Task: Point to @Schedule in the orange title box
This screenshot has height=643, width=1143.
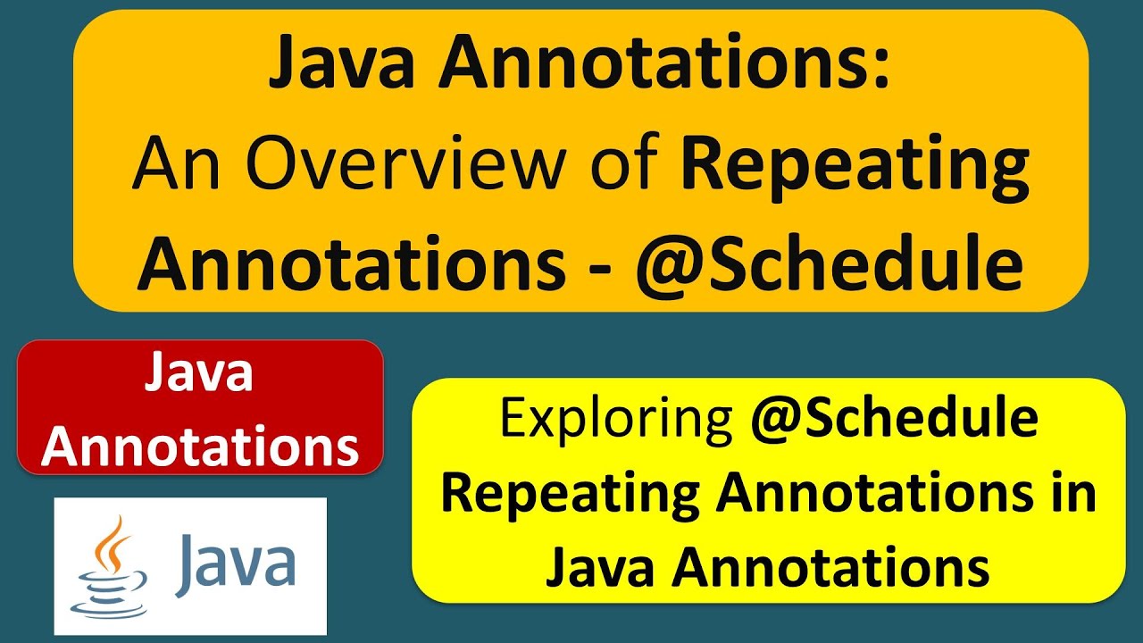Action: click(x=829, y=265)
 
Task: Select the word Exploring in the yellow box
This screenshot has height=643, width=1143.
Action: click(x=615, y=419)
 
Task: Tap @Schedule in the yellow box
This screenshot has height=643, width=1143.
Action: click(x=894, y=419)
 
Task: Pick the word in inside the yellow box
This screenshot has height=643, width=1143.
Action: click(x=1073, y=493)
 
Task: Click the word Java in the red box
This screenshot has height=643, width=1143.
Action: click(x=199, y=374)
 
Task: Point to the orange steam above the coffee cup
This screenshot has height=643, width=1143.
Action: click(x=112, y=541)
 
